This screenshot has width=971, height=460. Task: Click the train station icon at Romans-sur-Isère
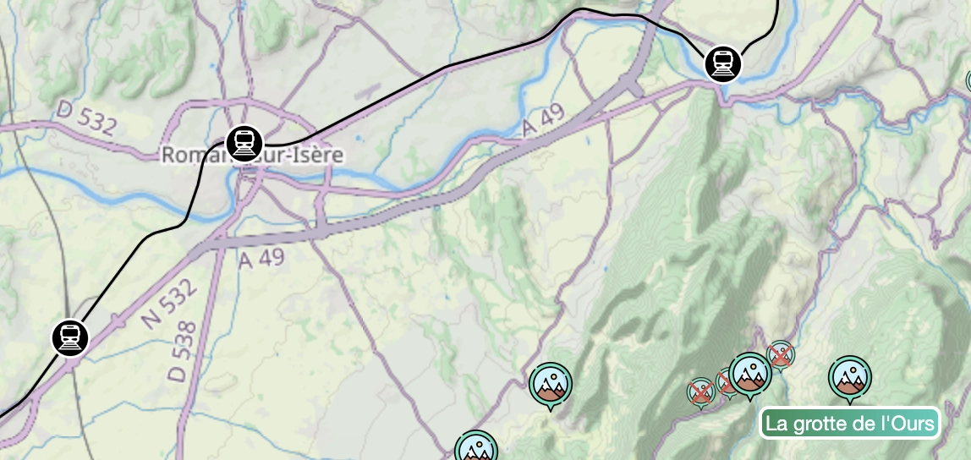(244, 143)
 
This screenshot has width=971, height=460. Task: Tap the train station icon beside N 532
(70, 337)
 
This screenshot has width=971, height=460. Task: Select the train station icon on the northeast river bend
(722, 63)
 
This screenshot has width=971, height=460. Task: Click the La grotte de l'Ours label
(851, 423)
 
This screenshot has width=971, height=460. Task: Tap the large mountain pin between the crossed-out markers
(750, 374)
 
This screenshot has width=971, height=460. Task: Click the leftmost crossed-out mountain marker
(700, 392)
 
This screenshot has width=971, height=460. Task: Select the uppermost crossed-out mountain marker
(781, 354)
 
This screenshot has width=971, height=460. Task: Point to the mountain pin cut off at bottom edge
(475, 447)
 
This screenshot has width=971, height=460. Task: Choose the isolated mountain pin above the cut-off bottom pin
(551, 385)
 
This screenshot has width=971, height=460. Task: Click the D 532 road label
(87, 118)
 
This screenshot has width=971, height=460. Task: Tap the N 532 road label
(170, 304)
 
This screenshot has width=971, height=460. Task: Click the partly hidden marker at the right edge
(968, 81)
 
